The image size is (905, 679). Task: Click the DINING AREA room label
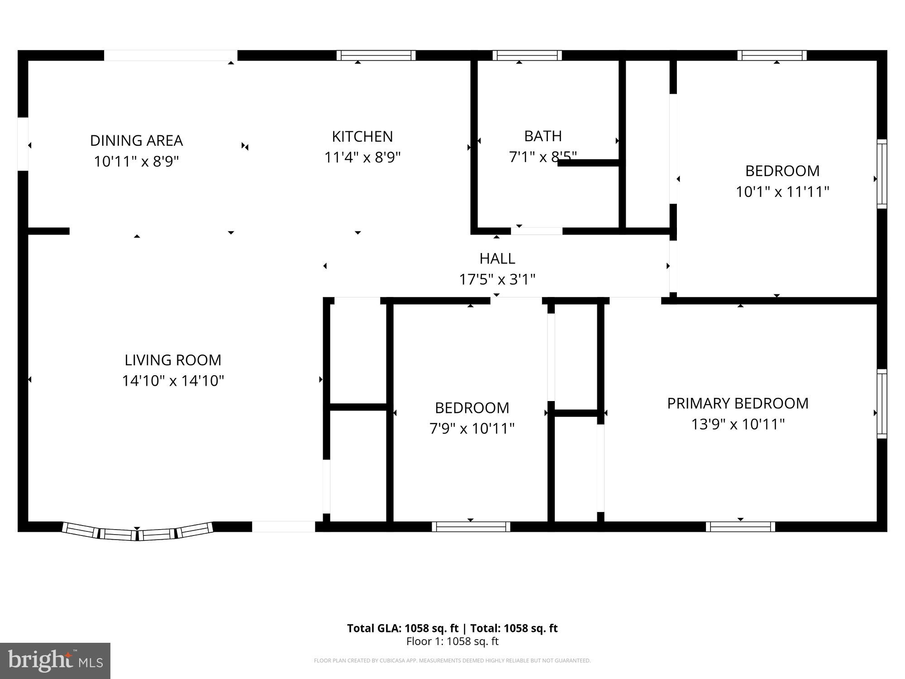136,140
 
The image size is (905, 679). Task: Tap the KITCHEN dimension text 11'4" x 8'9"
362,158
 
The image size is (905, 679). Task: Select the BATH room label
543,136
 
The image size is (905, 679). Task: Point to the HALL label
497,258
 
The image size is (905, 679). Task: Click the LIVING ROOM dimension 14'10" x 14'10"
173,381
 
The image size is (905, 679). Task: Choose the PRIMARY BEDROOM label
738,403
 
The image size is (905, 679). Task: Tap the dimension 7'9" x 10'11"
472,428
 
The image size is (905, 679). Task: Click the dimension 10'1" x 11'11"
782,192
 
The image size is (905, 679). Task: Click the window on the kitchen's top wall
376,55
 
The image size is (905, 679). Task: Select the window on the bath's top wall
527,55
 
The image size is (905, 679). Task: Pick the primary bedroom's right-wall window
881,404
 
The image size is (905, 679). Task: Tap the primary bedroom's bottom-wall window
740,526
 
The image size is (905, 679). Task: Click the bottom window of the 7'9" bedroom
471,526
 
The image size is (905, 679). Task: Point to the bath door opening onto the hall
537,231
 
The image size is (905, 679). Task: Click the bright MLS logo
55,660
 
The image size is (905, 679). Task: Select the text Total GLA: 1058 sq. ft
403,628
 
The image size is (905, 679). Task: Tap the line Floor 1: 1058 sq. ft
452,641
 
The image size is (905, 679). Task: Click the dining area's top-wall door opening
171,55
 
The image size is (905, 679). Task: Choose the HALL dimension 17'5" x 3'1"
497,279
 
